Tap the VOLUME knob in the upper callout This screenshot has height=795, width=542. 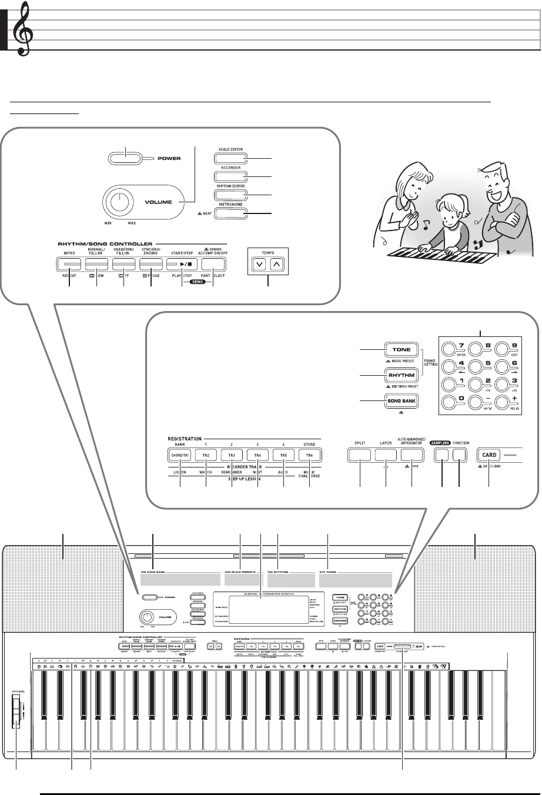120,202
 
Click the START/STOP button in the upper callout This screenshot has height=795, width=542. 182,265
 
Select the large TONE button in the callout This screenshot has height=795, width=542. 402,350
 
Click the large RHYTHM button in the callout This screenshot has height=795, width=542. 402,375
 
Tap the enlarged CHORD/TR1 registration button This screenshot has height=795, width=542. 180,455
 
